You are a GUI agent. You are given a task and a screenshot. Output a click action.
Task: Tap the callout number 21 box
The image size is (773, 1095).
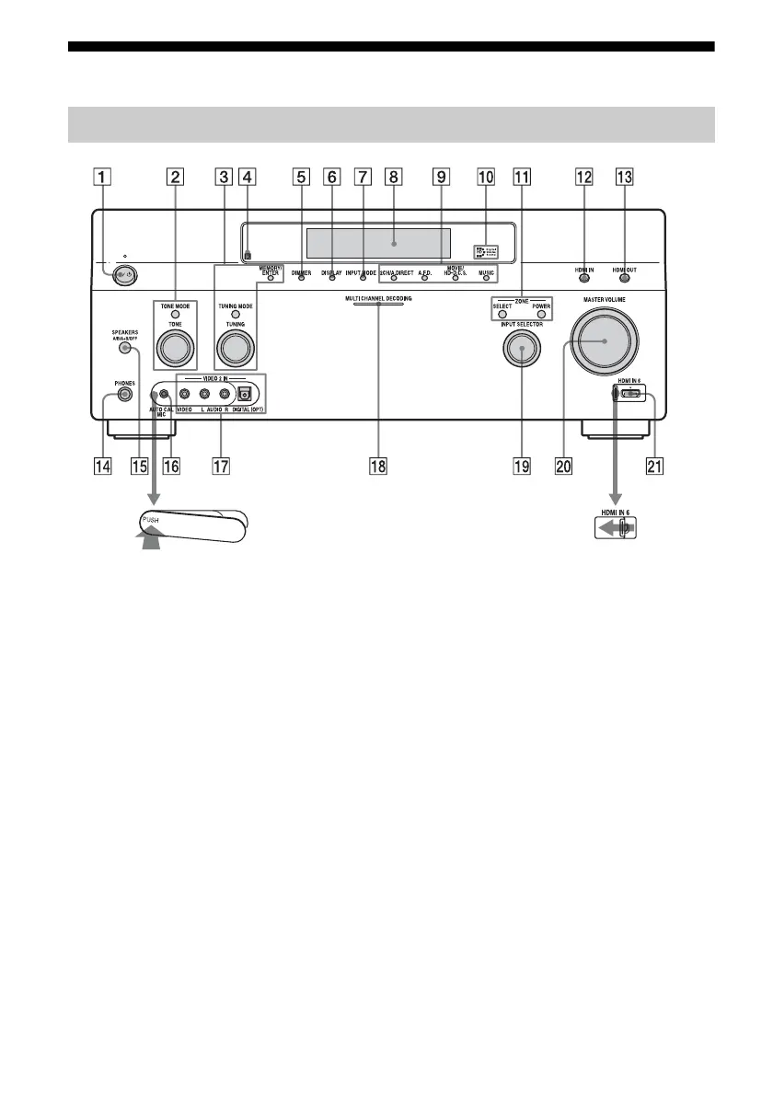tap(655, 466)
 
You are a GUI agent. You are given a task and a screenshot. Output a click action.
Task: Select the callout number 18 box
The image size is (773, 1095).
tap(377, 466)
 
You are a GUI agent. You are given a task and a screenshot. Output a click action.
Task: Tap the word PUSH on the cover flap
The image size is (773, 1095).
tap(149, 521)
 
